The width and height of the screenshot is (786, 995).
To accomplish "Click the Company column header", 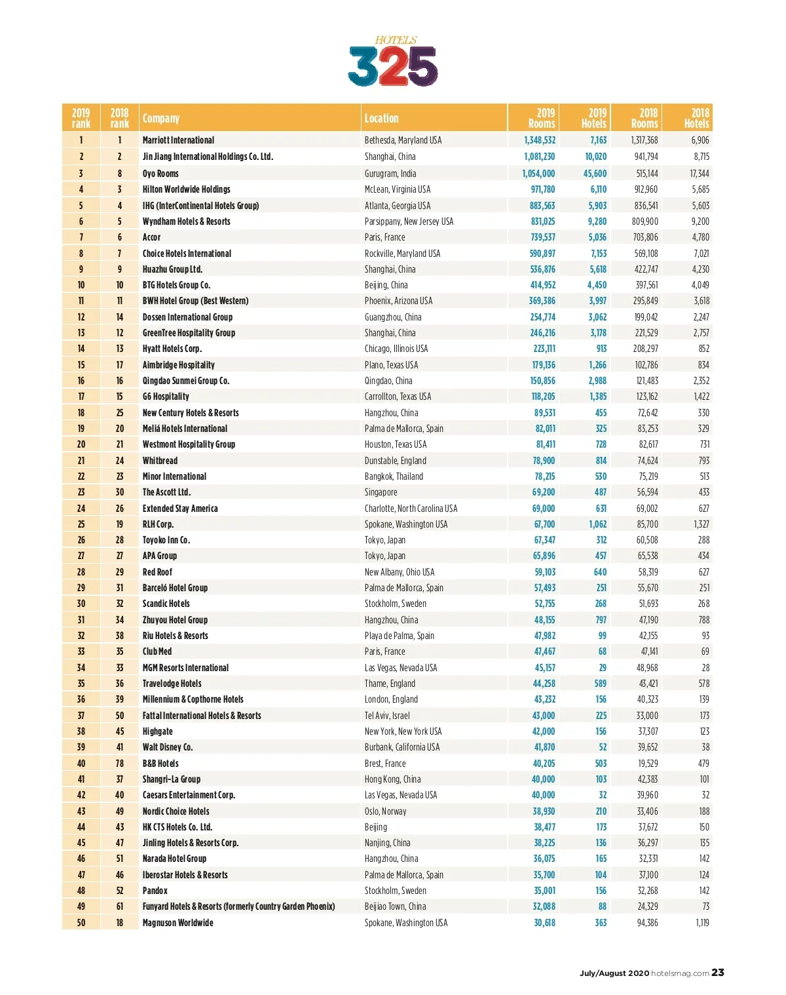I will coord(161,119).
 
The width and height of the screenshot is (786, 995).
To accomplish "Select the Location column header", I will coord(381,119).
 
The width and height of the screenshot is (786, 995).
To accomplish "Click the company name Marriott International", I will coord(178,140).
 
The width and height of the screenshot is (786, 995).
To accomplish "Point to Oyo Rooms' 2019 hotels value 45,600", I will coord(595,174).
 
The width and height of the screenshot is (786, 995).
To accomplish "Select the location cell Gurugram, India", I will coord(390,174).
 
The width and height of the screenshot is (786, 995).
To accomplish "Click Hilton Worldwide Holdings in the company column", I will coord(187,189).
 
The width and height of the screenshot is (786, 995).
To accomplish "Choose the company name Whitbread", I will coord(160,461).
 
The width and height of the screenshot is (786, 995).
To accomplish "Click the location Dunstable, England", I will coord(396,461).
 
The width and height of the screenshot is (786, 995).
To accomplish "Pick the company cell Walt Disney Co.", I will coord(168,747).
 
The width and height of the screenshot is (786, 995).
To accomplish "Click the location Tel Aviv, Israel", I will coord(387,716).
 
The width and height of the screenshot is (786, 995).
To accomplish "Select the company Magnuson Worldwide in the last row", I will coord(178,923).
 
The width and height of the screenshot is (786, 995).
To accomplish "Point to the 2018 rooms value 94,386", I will coord(647,923).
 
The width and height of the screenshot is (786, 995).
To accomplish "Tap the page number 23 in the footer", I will coord(718,973).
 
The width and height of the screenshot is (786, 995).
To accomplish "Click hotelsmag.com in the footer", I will coord(681,973).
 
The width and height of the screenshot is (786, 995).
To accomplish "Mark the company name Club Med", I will coord(157,652).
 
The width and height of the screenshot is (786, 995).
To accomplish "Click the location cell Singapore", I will coord(381,492).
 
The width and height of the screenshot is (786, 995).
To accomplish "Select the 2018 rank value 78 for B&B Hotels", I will coord(120,764).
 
